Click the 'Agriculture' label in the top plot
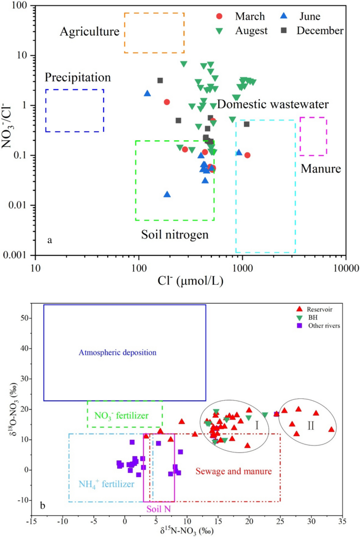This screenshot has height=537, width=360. click(x=89, y=32)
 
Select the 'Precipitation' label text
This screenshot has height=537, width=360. click(x=78, y=77)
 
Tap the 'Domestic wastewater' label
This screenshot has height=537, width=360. click(x=273, y=105)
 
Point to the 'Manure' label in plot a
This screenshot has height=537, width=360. click(x=321, y=169)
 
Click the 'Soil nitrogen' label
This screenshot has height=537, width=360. click(x=174, y=234)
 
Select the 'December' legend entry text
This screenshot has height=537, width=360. click(x=320, y=30)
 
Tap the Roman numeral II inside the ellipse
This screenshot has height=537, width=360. click(x=311, y=426)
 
